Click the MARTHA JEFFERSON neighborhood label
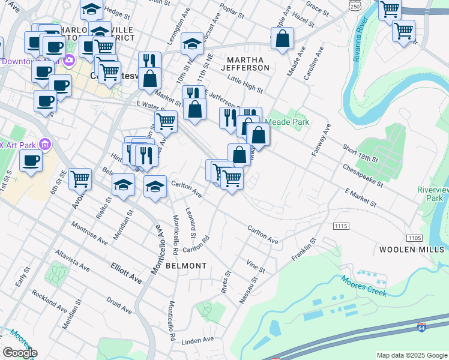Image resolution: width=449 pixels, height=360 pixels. [x=248, y=63]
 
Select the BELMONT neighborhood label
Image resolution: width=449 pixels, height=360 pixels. [x=186, y=265]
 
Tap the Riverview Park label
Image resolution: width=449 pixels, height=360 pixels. [x=433, y=193]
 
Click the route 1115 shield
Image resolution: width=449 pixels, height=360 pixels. [x=341, y=225]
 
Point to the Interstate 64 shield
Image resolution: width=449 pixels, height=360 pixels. [x=423, y=328]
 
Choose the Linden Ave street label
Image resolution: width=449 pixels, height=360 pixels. [x=198, y=340]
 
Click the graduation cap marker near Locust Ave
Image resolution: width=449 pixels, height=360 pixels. [x=192, y=43]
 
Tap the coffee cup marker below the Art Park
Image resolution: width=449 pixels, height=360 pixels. [x=31, y=160]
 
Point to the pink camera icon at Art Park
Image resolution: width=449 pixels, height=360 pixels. [x=44, y=143]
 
